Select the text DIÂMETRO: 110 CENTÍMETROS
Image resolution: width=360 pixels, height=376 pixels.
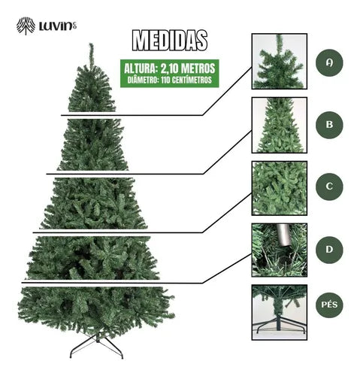tap(169, 80)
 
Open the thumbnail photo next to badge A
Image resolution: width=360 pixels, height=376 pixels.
tap(279, 61)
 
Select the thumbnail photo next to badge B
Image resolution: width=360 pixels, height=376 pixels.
tap(279, 124)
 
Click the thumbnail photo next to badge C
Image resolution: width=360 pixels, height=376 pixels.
tap(279, 187)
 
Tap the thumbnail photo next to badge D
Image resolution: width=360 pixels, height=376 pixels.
tap(279, 250)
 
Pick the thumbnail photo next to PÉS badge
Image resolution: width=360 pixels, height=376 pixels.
tap(279, 311)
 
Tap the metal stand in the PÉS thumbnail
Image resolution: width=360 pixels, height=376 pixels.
tap(279, 326)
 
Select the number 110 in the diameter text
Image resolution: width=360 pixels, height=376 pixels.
tap(166, 80)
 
